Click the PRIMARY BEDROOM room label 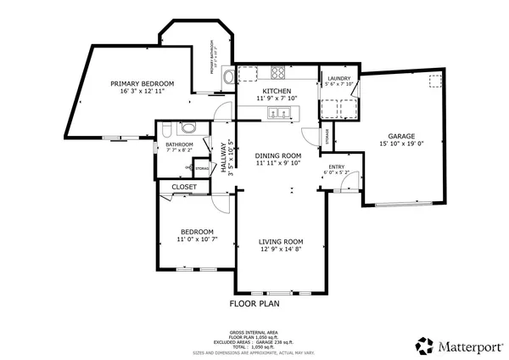pyautogui.click(x=142, y=83)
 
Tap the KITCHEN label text pyautogui.click(x=277, y=91)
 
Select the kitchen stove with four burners pyautogui.click(x=277, y=71)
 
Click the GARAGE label pyautogui.click(x=401, y=136)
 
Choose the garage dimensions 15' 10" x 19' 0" pyautogui.click(x=401, y=145)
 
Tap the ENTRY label pyautogui.click(x=336, y=166)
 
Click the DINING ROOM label pyautogui.click(x=278, y=155)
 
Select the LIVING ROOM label pyautogui.click(x=281, y=241)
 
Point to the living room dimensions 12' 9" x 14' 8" pyautogui.click(x=281, y=250)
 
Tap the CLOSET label pyautogui.click(x=184, y=187)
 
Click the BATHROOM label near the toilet pyautogui.click(x=179, y=144)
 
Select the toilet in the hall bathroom pyautogui.click(x=165, y=129)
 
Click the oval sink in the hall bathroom pyautogui.click(x=187, y=128)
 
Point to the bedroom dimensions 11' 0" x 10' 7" pyautogui.click(x=195, y=240)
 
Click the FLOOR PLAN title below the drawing pyautogui.click(x=255, y=302)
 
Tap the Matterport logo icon pyautogui.click(x=423, y=345)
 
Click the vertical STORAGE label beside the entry pyautogui.click(x=327, y=136)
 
